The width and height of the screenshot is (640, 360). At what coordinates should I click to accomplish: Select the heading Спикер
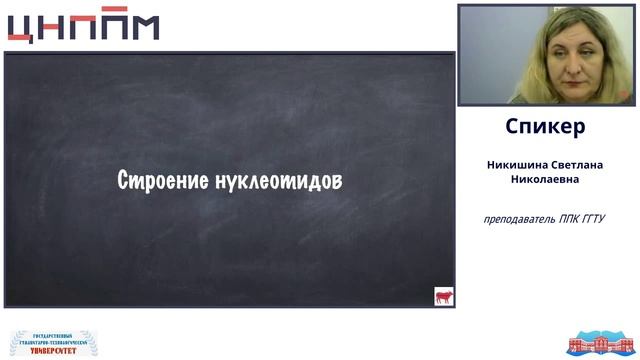pyautogui.click(x=545, y=127)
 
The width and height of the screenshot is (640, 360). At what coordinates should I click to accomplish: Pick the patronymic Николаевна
pyautogui.click(x=545, y=180)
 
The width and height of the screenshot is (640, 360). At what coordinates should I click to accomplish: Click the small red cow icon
pyautogui.click(x=443, y=296)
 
